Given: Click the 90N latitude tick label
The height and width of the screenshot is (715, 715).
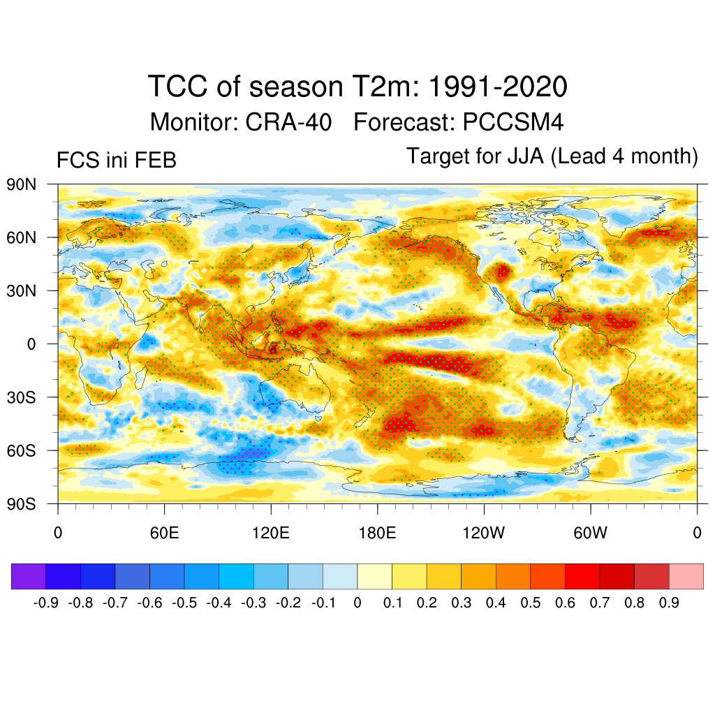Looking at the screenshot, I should [x=21, y=184].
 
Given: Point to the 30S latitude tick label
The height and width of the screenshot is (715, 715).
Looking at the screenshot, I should [x=21, y=397].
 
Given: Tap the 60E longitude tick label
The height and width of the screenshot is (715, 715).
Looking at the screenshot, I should [x=164, y=533].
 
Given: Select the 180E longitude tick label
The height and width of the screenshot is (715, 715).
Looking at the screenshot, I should [x=377, y=533].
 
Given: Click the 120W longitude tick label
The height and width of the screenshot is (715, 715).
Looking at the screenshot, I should [x=483, y=533].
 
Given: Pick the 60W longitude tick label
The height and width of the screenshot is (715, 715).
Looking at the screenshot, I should [x=590, y=533].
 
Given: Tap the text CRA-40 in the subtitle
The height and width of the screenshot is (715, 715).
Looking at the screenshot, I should [x=288, y=122].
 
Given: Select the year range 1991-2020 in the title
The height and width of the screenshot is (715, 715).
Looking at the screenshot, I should [x=496, y=87].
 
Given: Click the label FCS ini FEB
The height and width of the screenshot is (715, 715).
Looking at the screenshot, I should [x=116, y=161].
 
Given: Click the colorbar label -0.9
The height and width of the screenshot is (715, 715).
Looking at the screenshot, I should [x=45, y=603].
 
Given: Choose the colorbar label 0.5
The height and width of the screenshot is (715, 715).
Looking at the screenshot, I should [x=531, y=603].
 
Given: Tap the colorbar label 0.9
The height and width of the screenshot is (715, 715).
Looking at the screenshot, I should [x=669, y=603].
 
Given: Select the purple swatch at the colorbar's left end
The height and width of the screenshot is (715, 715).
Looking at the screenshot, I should [x=29, y=576].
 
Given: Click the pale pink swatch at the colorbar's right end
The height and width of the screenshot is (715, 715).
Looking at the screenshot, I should [x=686, y=576].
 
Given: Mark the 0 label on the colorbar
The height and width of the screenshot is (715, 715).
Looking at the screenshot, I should [x=357, y=603].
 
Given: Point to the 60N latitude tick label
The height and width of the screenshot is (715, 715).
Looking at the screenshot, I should [x=21, y=237].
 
